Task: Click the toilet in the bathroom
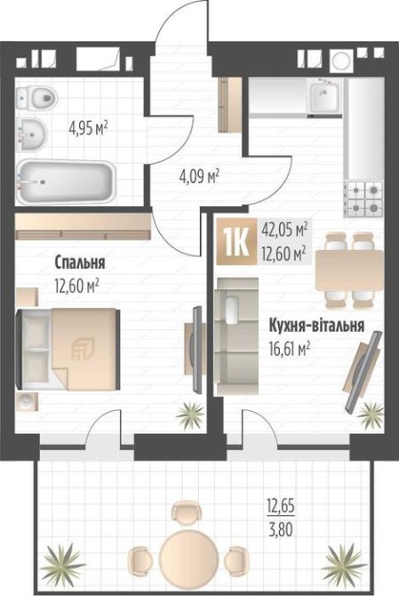click(x=36, y=99)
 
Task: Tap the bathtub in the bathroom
click(x=65, y=182)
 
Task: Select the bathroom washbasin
click(x=31, y=134)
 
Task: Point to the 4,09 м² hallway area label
click(x=199, y=176)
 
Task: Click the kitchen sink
click(x=325, y=98)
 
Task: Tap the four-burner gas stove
click(x=363, y=198)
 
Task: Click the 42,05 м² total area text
click(x=284, y=230)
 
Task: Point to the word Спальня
click(x=80, y=262)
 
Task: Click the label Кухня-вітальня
click(x=316, y=326)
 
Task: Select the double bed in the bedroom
click(x=68, y=349)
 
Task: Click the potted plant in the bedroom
click(x=190, y=415)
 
